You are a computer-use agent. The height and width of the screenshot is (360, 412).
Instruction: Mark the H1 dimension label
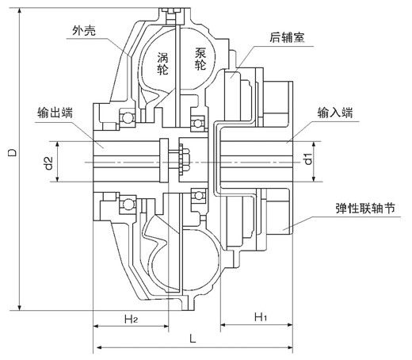click(258, 317)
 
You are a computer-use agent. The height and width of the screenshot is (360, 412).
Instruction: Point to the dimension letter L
click(193, 339)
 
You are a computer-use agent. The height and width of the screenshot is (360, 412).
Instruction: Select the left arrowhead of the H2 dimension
click(97, 324)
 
